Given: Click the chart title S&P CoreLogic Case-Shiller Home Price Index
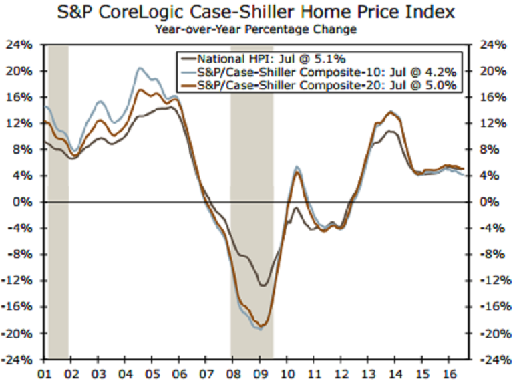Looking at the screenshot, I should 256,12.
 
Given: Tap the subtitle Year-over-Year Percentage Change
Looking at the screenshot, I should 256,29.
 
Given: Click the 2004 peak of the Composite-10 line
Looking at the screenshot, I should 140,68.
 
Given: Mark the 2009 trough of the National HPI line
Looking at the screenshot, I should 263,286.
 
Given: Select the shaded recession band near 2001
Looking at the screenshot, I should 58,201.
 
